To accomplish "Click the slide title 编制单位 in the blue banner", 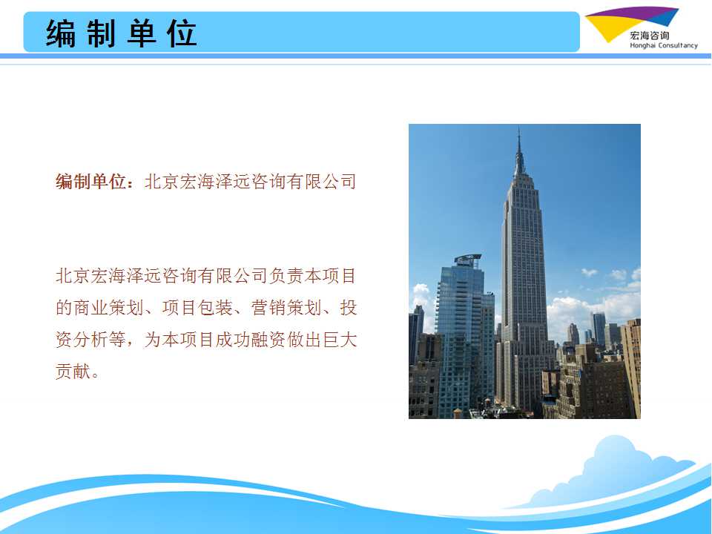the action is coord(121,33).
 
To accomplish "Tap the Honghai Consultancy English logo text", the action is coord(663,45).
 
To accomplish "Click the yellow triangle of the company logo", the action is coord(607,27).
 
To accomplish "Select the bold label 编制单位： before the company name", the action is coord(95,182).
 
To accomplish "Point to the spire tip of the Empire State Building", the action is coord(518,128).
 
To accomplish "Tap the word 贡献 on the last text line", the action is coord(73,371).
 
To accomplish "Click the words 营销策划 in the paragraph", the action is coord(286,308).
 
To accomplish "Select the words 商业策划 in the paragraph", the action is coord(108,308).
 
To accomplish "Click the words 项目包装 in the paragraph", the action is coord(197,308).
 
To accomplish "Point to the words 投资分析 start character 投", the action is coord(349,308).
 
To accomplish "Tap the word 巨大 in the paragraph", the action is coord(340,340).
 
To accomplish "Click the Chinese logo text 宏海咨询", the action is coord(650,36).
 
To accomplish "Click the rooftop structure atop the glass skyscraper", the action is coord(468,260).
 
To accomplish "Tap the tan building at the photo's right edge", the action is coord(630,368).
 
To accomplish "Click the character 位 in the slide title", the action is coord(182,33).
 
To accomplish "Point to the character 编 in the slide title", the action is coord(60,33).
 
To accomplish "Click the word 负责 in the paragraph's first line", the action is coord(286,276).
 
